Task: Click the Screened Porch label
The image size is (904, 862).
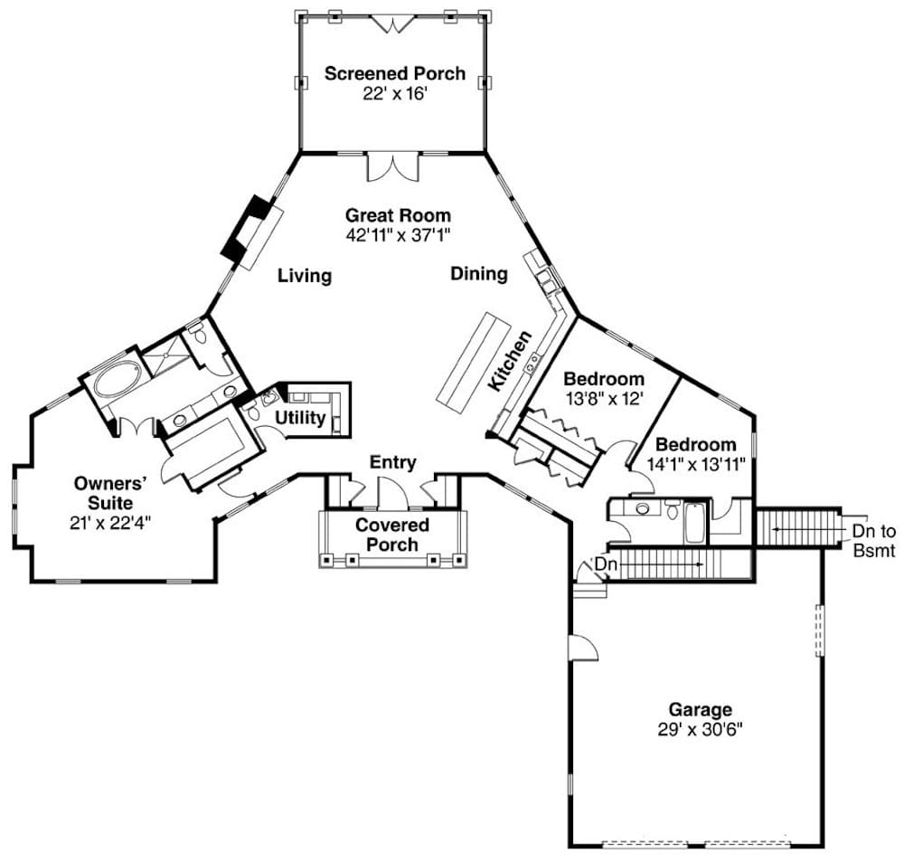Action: click(x=394, y=73)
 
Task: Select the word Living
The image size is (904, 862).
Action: click(x=305, y=276)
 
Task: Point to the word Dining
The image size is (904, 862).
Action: click(x=479, y=274)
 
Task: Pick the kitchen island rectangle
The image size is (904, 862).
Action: click(x=471, y=359)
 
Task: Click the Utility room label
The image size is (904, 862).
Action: click(x=300, y=418)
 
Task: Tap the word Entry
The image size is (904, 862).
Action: click(x=393, y=463)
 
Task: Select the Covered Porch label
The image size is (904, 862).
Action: click(x=392, y=535)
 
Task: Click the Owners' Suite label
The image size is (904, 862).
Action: click(x=103, y=492)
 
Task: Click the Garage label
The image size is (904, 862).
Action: click(x=700, y=710)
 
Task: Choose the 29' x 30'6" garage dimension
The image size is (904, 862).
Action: click(x=700, y=729)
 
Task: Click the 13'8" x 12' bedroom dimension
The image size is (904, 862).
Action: click(x=604, y=398)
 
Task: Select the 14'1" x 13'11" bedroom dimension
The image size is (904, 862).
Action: click(x=696, y=464)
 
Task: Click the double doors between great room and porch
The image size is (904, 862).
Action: click(x=393, y=167)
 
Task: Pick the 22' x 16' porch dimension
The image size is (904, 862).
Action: click(x=394, y=93)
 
